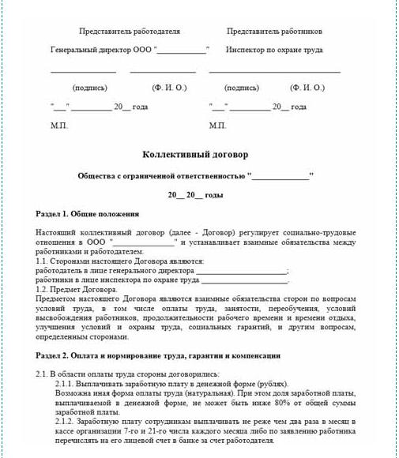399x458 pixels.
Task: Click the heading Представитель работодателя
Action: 130,32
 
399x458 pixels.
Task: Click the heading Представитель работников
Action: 274,32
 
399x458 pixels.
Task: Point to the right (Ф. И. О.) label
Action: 307,88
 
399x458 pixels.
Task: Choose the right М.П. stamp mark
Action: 217,125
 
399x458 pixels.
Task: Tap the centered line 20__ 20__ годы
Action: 195,194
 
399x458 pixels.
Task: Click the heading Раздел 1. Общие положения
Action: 88,214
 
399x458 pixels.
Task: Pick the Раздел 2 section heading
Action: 158,356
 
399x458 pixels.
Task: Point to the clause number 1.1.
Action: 43,261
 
